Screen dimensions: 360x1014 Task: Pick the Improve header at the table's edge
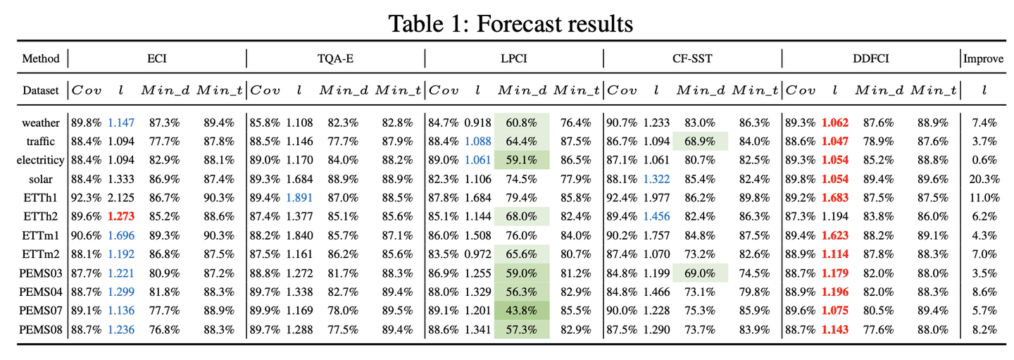coord(984,58)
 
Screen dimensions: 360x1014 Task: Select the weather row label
coord(42,123)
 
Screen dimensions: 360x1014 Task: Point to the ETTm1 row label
coord(42,234)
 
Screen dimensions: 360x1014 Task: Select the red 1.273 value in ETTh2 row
coord(121,216)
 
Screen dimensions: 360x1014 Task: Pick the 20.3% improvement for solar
coord(984,178)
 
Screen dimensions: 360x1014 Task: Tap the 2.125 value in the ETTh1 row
coord(121,197)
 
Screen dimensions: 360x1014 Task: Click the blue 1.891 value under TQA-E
coord(299,197)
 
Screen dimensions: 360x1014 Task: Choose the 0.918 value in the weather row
coord(477,123)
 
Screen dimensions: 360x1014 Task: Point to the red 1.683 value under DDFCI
coord(835,197)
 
